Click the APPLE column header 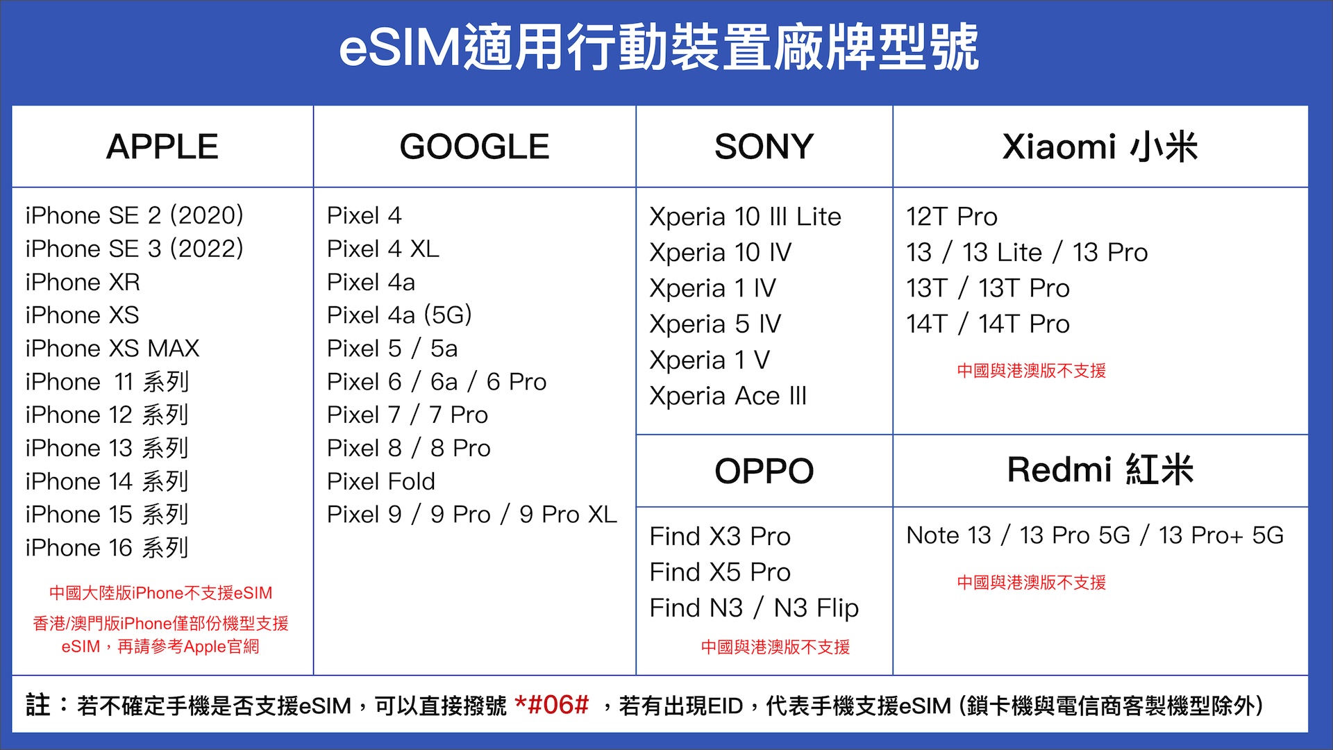coord(162,147)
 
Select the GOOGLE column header coord(474,147)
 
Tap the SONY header coord(764,147)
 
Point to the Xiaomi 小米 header coord(1100,147)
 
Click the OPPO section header coord(764,471)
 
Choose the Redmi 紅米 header coord(1100,469)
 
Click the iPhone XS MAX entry coord(112,348)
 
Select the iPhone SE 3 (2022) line coord(134,249)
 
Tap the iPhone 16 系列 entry coord(107,548)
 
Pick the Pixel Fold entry coord(381,481)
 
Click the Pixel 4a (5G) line coord(399,315)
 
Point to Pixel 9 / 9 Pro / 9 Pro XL coord(471,515)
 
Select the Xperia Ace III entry coord(728,396)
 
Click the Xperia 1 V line coord(709,360)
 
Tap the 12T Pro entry coord(951,217)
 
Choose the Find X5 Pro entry coord(720,572)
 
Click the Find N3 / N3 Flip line coord(754,608)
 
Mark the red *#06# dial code coord(551,706)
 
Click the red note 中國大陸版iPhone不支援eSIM coord(160,593)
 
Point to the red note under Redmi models coord(1031,583)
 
